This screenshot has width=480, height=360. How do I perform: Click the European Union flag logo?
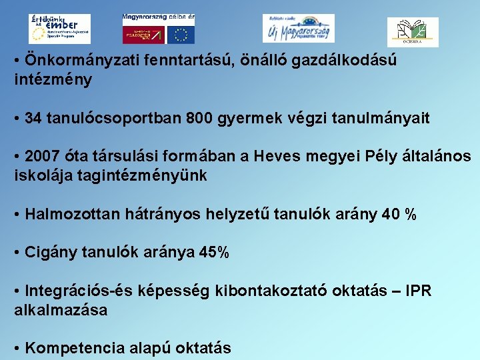(x=181, y=34)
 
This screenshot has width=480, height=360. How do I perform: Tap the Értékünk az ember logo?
(x=59, y=29)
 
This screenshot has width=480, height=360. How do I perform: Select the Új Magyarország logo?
(x=298, y=29)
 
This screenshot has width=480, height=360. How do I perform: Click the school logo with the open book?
(x=413, y=32)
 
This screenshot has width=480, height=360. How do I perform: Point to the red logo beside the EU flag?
(x=143, y=34)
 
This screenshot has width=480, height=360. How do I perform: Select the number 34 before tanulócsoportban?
(x=33, y=119)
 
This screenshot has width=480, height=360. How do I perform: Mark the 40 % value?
(x=399, y=215)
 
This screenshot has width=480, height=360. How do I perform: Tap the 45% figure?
(x=214, y=253)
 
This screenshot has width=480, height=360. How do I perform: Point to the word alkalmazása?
(x=61, y=310)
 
